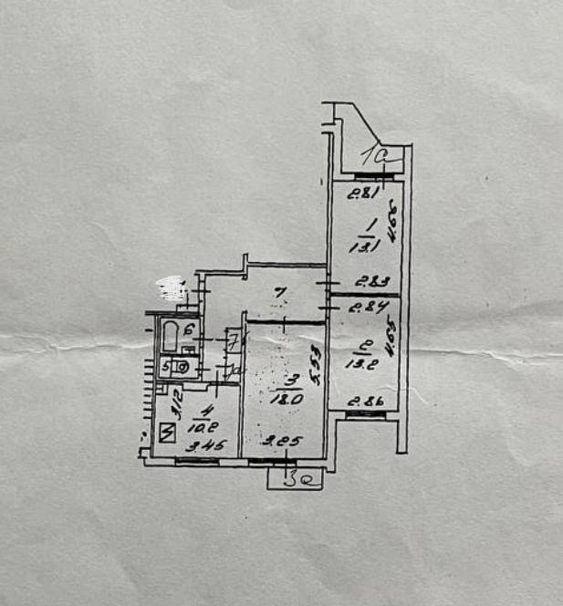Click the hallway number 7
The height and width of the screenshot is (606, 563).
click(x=282, y=294)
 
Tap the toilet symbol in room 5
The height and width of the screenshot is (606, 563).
click(x=182, y=369)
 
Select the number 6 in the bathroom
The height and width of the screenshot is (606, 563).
click(x=189, y=330)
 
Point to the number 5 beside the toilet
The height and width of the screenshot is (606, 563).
click(x=166, y=368)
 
